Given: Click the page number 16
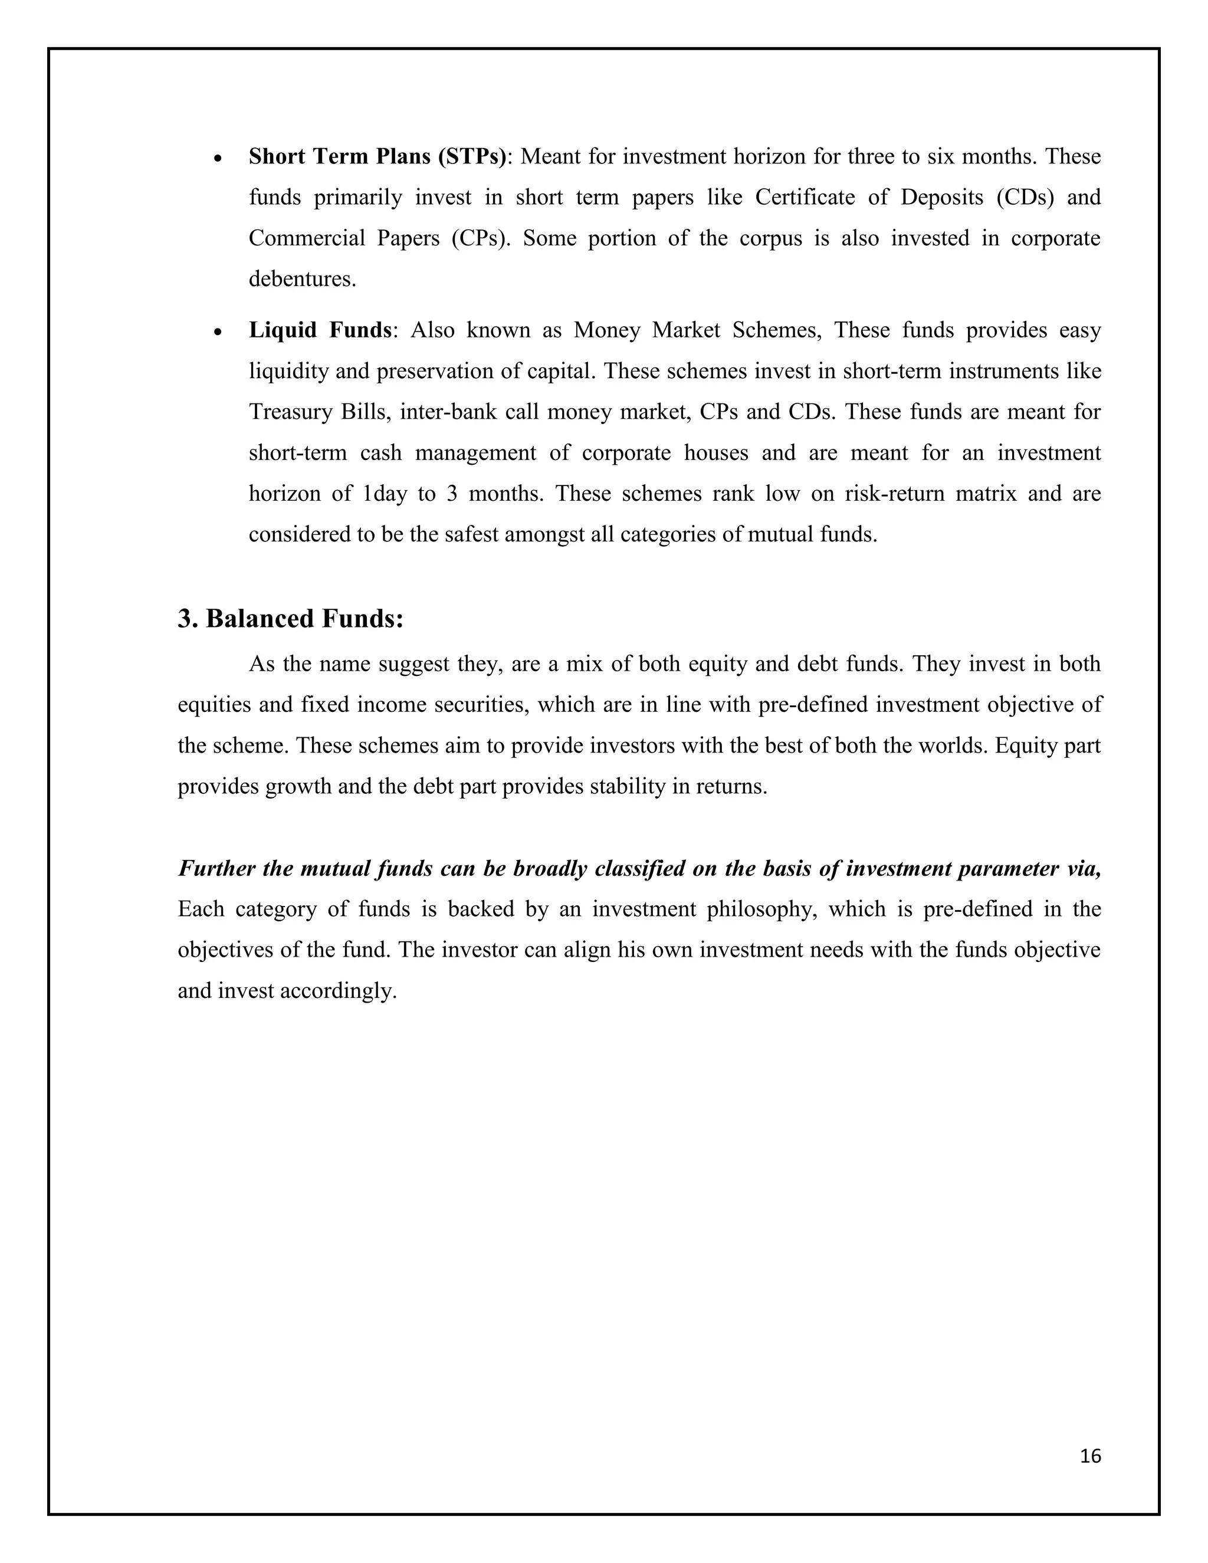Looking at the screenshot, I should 1090,1456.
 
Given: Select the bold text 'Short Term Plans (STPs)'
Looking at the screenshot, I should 377,156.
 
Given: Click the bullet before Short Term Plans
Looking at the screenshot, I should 219,158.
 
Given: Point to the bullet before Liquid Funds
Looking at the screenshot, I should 219,332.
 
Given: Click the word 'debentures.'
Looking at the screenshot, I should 302,279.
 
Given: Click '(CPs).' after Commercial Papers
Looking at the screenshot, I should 481,238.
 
